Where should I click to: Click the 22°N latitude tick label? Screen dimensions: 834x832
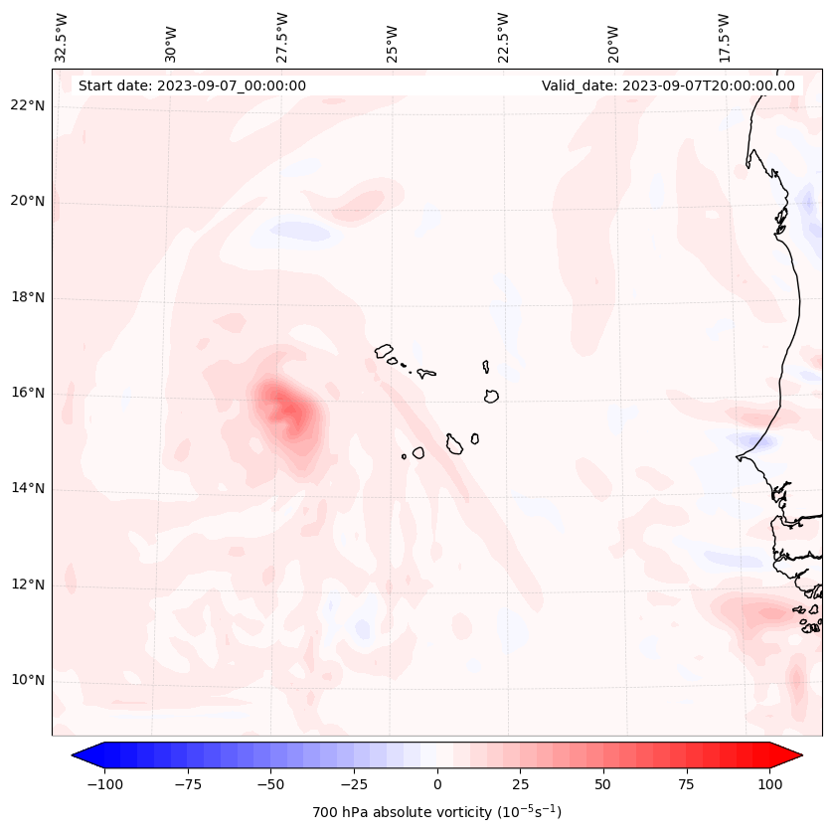click(x=28, y=105)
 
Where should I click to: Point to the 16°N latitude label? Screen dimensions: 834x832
click(x=28, y=393)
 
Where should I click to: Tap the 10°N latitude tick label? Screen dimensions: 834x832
click(x=28, y=680)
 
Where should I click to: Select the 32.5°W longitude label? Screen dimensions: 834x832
click(x=61, y=37)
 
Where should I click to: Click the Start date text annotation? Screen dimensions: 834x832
click(x=192, y=85)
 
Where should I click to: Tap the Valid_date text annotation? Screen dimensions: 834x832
click(x=668, y=85)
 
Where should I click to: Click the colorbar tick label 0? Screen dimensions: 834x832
click(x=436, y=784)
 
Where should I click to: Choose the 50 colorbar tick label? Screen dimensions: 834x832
click(x=603, y=784)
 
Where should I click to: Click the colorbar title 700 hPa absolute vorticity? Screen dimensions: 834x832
click(x=436, y=812)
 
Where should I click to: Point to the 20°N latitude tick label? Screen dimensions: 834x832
click(x=28, y=201)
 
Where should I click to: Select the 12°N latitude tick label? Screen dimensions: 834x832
click(x=28, y=584)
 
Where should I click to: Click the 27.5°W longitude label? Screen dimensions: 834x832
click(x=281, y=37)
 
